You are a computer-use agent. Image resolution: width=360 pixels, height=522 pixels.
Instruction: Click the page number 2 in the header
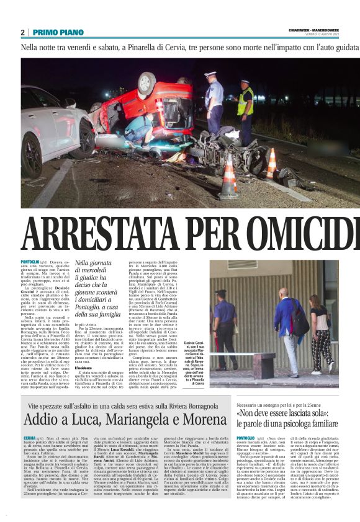point(22,32)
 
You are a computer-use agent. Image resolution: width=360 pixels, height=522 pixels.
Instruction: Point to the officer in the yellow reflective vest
point(245,104)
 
